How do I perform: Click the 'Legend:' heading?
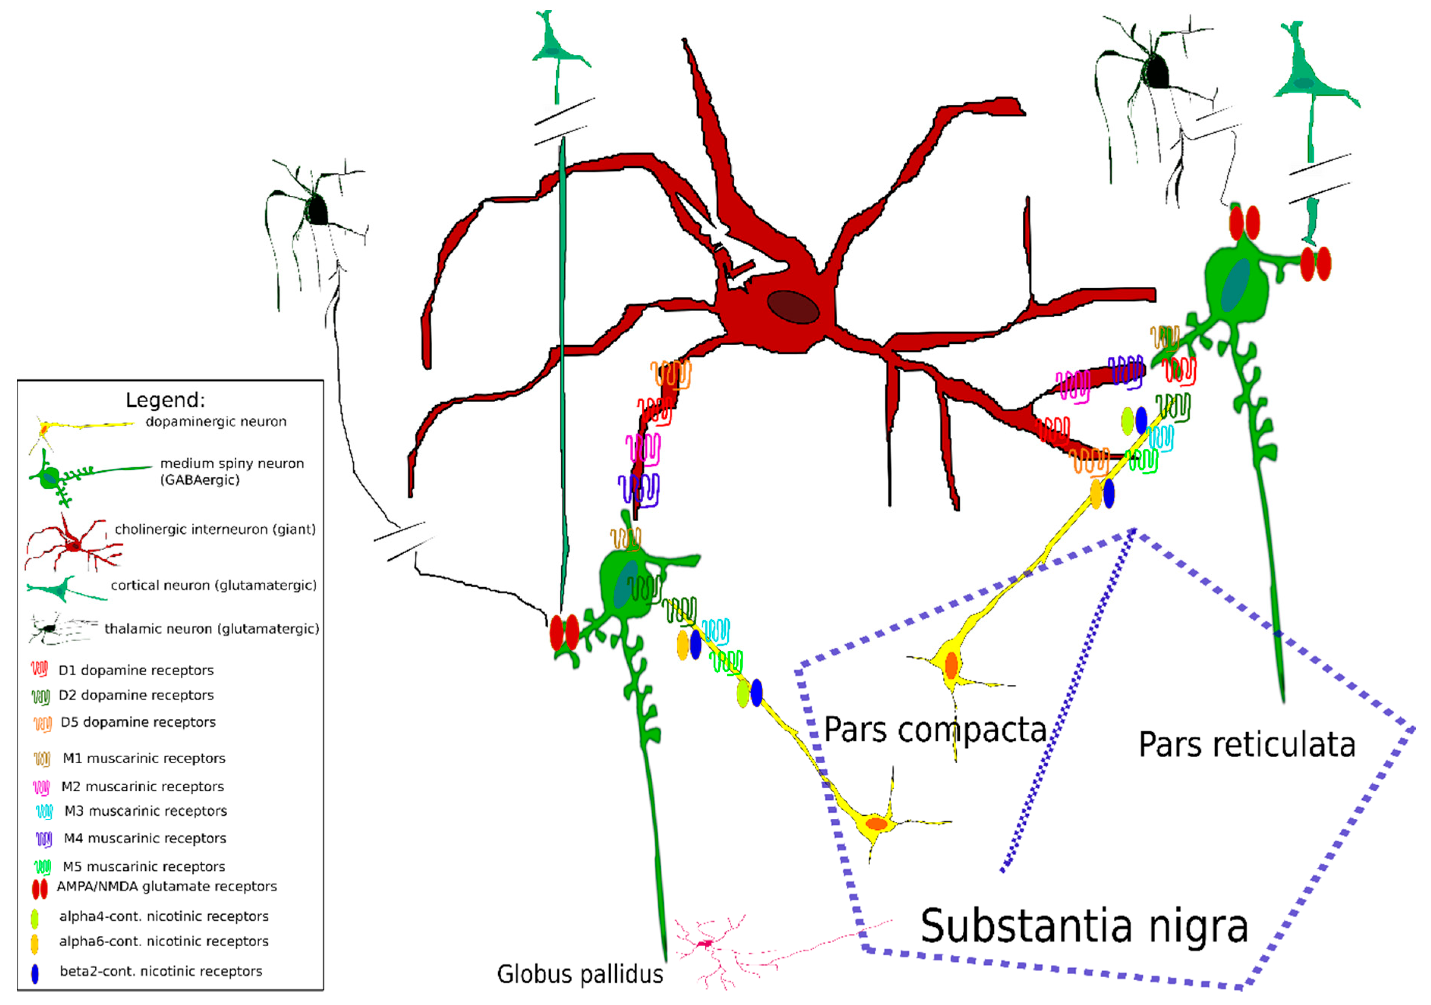165,400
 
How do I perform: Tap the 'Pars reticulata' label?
1247,745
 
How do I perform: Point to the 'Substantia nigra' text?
1085,926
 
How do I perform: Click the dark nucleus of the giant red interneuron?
793,307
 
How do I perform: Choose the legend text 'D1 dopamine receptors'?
136,670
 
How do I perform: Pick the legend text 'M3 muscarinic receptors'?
146,811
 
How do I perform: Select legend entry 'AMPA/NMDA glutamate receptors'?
167,887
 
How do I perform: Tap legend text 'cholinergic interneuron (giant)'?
215,530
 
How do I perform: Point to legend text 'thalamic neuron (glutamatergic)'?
212,629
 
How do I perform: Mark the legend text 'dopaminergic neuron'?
216,422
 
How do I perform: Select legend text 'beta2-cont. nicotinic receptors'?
161,971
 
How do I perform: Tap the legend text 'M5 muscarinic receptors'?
144,867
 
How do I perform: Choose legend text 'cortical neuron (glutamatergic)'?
214,586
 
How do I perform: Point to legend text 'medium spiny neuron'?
232,464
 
